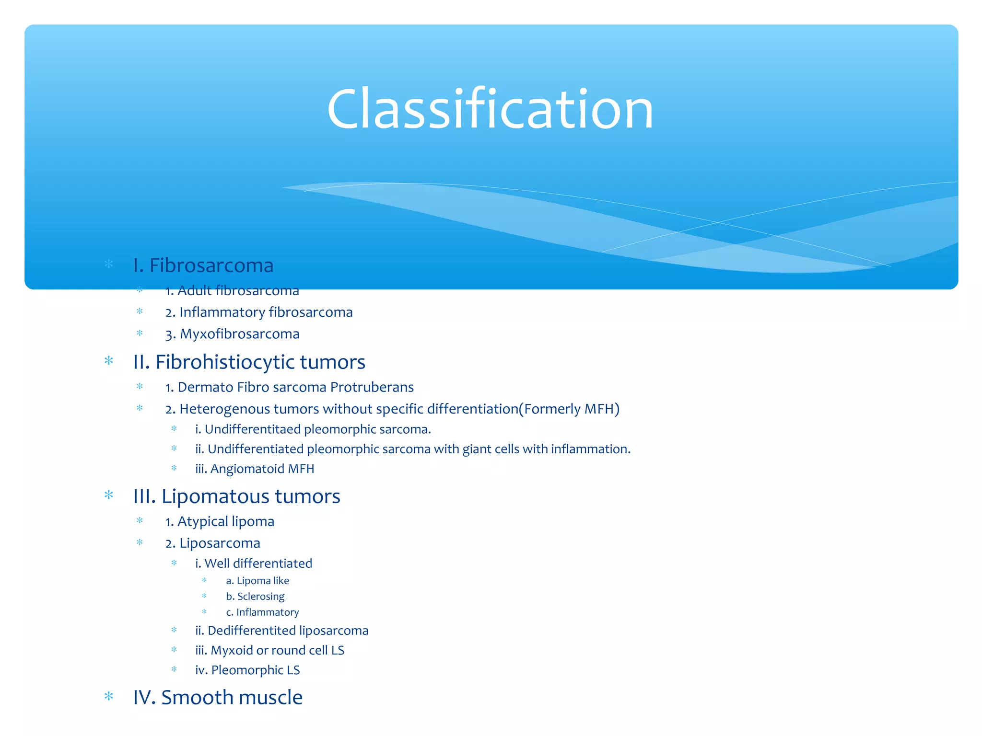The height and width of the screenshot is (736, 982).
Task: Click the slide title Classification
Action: point(490,109)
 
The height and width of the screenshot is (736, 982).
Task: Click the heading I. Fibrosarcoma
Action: point(203,265)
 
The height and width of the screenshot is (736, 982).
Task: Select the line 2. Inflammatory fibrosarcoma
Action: point(259,312)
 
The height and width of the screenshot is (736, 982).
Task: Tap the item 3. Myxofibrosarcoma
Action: point(233,334)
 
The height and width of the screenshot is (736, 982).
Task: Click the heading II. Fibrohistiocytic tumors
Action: point(249,362)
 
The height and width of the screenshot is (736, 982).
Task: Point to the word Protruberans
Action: point(372,387)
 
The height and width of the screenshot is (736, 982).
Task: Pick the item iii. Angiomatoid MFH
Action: point(255,469)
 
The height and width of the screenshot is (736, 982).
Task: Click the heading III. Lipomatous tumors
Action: point(237,496)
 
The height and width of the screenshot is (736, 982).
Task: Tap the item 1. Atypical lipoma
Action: point(220,521)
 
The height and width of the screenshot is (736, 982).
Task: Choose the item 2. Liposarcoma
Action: point(213,543)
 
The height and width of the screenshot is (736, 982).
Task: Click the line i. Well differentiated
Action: point(254,563)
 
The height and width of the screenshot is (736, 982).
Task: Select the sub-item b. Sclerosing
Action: point(255,597)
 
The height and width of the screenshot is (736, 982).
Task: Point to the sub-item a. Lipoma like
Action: point(257,581)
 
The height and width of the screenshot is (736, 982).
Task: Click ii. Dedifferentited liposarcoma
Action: point(282,631)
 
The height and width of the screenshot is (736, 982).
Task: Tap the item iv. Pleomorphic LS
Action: point(247,670)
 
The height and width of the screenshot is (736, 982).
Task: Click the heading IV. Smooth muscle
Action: point(218,698)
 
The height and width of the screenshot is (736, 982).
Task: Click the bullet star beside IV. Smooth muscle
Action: point(109,696)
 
